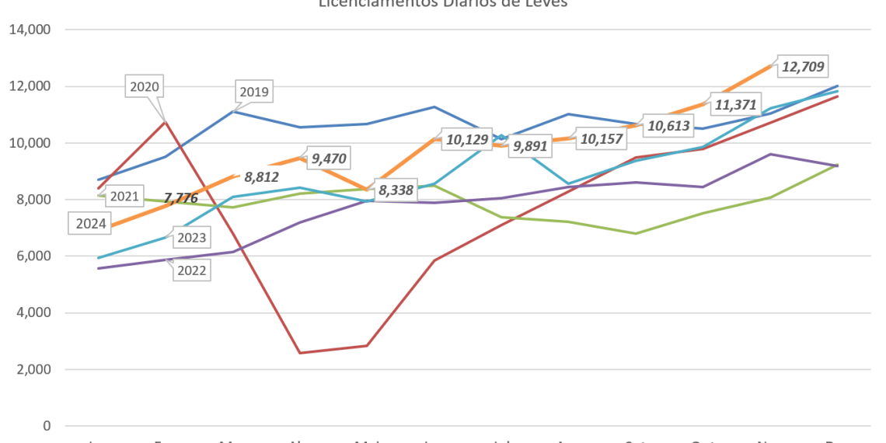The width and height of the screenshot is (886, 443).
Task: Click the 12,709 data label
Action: [x=803, y=67]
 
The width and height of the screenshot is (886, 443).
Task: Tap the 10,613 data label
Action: [x=668, y=126]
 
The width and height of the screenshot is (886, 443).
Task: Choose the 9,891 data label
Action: [x=531, y=146]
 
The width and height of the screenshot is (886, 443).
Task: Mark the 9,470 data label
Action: [x=326, y=159]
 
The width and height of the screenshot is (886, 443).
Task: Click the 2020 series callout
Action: [x=145, y=87]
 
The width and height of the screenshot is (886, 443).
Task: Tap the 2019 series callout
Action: [x=253, y=92]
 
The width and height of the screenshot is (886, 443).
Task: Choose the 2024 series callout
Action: [x=91, y=225]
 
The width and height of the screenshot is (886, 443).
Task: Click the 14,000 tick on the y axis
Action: [x=30, y=30]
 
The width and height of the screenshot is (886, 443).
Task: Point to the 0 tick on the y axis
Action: [x=47, y=426]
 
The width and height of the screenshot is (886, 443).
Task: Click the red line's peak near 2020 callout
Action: [x=164, y=120]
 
